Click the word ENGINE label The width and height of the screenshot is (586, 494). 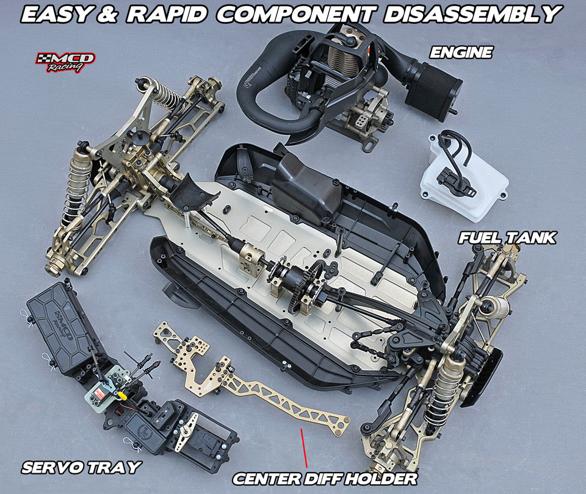point(461,52)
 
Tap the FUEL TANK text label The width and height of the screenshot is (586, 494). point(507,237)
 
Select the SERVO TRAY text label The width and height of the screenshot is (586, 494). point(81,468)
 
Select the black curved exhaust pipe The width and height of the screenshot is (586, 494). point(269,104)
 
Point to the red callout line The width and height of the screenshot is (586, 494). point(303,449)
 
